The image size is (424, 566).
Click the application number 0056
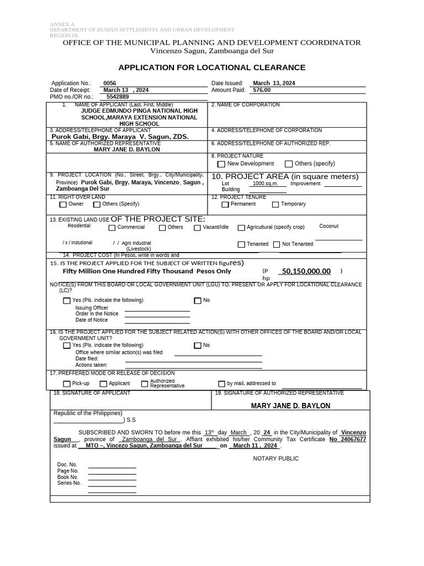[109, 83]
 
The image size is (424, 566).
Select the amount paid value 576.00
[262, 90]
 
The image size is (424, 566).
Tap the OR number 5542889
[117, 97]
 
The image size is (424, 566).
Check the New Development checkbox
[221, 164]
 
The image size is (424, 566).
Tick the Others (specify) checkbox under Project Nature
[289, 164]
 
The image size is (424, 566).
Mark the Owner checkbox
[63, 205]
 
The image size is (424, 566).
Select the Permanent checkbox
[225, 205]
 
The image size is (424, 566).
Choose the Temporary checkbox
[275, 205]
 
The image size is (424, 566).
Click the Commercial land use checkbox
[112, 228]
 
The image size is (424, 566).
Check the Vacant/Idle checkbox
[197, 228]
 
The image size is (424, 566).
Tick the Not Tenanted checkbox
[277, 244]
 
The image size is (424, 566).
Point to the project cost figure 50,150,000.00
[306, 271]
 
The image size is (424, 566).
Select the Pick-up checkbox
[67, 384]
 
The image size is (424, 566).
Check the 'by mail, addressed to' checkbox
[222, 384]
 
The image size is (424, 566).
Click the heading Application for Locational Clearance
[212, 67]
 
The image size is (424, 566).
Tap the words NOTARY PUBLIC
[275, 459]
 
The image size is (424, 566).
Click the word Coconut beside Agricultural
[329, 226]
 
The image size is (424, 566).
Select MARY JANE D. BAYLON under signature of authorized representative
[290, 406]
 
